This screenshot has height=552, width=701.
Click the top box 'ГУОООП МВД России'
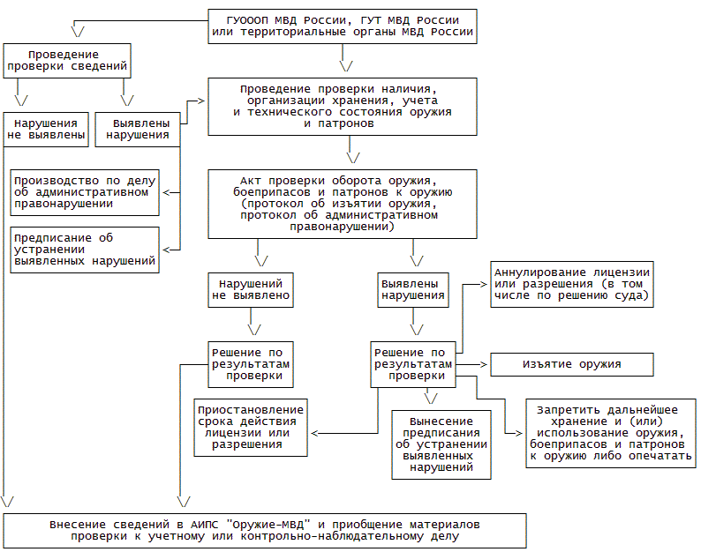343,26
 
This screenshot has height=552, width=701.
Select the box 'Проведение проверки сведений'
67,58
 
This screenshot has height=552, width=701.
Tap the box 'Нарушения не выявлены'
47,129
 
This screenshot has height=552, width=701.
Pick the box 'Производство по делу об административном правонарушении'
86,192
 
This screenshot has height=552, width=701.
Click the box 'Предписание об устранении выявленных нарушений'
86,250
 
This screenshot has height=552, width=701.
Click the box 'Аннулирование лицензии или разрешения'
572,283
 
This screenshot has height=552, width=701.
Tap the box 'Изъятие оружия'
572,364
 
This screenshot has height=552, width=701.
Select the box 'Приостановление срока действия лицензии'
252,427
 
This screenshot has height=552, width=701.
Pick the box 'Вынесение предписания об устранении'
442,444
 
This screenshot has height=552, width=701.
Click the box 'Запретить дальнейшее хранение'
611,433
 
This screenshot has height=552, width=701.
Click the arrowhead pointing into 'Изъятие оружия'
484,364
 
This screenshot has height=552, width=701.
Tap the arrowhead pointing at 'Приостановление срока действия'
315,433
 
